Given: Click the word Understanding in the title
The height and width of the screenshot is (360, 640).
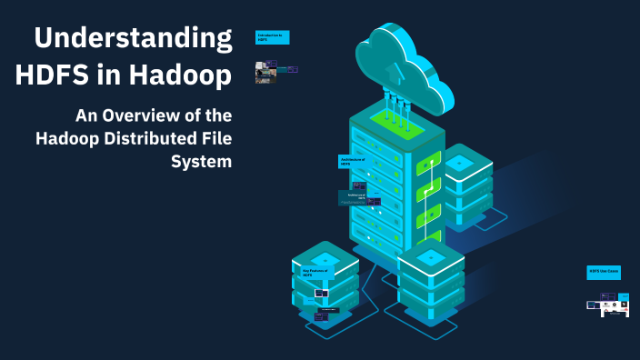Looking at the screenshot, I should point(134,39).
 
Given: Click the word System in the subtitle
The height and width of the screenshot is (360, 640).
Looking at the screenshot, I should point(201,162).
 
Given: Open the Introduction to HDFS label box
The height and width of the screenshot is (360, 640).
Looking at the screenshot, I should point(272,37).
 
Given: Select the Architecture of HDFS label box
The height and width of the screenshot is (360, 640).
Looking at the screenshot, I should point(352,161).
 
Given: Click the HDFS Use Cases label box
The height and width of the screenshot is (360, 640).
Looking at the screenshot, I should point(604,272).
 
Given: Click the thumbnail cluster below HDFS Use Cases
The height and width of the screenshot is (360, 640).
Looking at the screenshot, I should point(608,305).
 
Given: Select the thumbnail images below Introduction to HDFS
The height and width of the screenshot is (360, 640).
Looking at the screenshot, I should point(276,71).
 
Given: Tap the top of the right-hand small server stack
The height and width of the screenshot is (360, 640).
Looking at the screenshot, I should point(460,163).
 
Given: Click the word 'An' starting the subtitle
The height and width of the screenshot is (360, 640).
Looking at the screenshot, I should point(85,116).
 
